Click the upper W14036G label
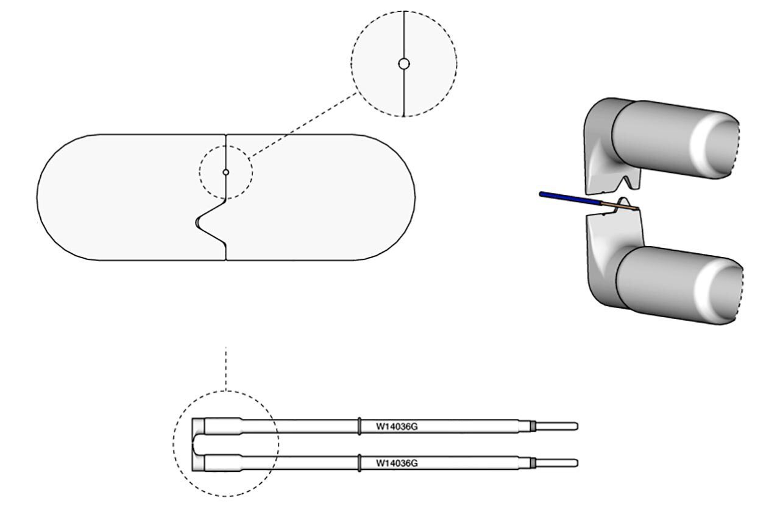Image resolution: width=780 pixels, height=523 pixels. click(x=397, y=427)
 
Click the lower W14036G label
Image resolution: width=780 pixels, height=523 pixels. click(x=397, y=463)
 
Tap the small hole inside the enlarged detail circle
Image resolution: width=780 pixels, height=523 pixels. click(x=403, y=63)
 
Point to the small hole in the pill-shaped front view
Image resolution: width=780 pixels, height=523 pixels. click(x=225, y=172)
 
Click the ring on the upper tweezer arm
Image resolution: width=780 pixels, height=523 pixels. click(x=360, y=426)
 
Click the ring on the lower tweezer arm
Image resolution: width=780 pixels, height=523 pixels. click(x=360, y=463)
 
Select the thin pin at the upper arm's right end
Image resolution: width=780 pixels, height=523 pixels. click(x=558, y=426)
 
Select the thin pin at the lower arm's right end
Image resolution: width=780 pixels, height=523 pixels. click(x=558, y=463)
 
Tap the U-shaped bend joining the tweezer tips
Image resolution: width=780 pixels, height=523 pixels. click(x=195, y=444)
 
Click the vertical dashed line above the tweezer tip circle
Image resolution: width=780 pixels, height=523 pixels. click(x=225, y=368)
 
